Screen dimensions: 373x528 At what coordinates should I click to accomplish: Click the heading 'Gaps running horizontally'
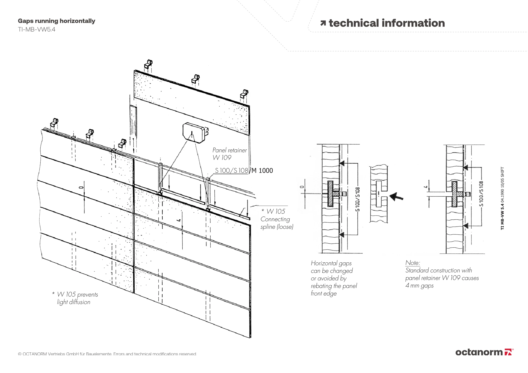(x=56, y=21)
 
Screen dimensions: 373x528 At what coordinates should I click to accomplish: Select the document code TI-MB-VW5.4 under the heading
(x=36, y=29)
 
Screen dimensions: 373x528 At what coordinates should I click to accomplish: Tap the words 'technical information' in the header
(x=386, y=23)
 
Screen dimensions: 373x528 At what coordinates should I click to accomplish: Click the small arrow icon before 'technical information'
(x=323, y=23)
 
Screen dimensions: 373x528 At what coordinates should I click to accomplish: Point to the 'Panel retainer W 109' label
(x=229, y=154)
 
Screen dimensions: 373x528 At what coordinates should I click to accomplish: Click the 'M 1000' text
(x=262, y=171)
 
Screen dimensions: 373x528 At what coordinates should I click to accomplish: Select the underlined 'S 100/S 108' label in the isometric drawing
(x=231, y=171)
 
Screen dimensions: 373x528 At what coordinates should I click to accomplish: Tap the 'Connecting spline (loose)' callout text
(x=276, y=223)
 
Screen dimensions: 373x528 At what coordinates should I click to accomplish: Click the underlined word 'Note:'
(x=413, y=263)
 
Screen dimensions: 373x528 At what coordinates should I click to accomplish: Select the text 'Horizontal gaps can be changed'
(x=332, y=267)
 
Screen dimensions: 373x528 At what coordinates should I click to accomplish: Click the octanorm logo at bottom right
(x=484, y=352)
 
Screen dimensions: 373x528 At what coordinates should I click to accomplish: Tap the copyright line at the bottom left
(x=107, y=354)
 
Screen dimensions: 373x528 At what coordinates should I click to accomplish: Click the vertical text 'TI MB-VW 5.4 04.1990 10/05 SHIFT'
(x=502, y=198)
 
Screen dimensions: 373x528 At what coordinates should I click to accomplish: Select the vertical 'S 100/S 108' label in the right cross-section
(x=482, y=193)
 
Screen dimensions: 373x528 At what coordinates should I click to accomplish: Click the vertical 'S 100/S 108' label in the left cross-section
(x=357, y=199)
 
